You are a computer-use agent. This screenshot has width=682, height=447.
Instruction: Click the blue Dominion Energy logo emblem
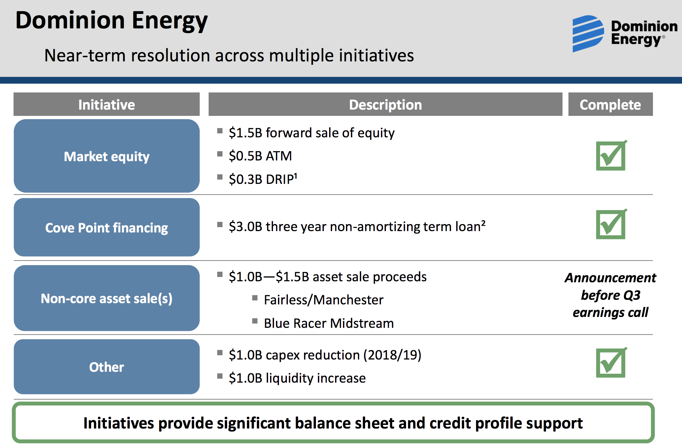[x=588, y=34]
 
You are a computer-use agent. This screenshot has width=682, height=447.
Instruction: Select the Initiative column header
[x=107, y=104]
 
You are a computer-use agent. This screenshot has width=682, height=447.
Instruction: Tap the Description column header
[x=385, y=104]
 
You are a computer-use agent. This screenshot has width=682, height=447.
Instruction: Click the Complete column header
[x=610, y=104]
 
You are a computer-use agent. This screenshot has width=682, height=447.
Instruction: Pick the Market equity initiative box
[x=107, y=156]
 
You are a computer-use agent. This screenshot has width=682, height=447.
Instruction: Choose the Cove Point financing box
[x=107, y=227]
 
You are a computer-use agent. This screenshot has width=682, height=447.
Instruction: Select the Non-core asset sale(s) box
[x=107, y=298]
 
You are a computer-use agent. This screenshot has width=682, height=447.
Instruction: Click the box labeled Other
[x=107, y=366]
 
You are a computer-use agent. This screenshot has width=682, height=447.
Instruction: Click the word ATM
[x=279, y=156]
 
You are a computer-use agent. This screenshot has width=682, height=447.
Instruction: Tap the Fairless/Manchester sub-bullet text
[x=324, y=300]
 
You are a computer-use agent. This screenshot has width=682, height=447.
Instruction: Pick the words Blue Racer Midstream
[x=329, y=323]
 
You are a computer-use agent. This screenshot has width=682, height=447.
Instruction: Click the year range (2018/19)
[x=392, y=355]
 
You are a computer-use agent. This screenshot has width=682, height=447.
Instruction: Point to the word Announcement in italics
[x=610, y=278]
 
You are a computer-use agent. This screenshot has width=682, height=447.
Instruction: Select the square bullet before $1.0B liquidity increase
[x=220, y=376]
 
